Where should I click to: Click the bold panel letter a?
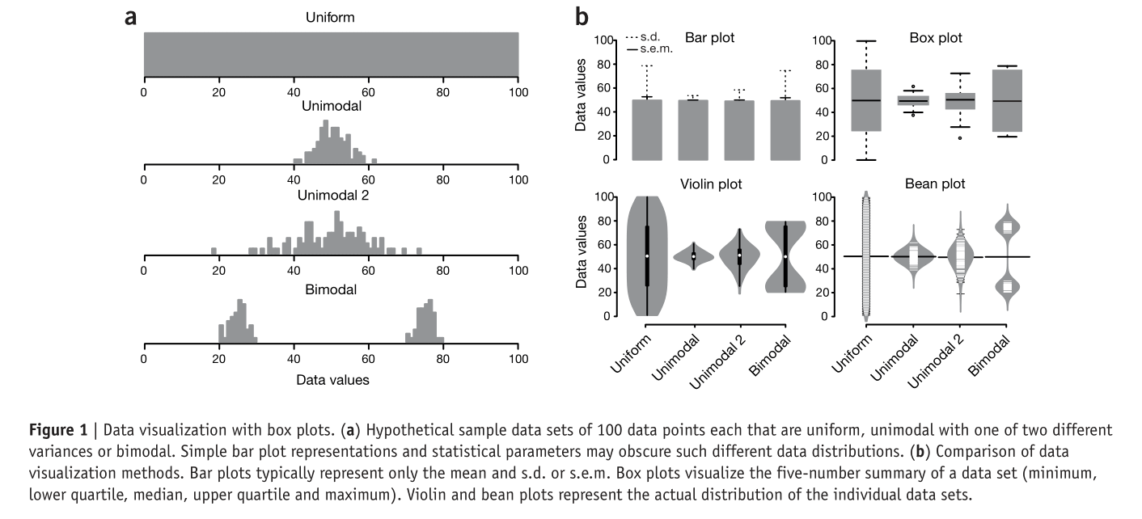pos(130,17)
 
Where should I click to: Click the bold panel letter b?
pos(581,16)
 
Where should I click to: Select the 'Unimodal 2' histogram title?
pos(331,196)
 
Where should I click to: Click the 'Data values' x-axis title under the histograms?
pos(331,378)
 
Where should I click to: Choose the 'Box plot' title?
pos(936,37)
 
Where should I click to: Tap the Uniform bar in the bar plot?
pos(647,129)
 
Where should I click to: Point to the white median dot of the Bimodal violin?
pos(785,256)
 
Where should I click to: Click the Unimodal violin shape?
pos(693,256)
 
